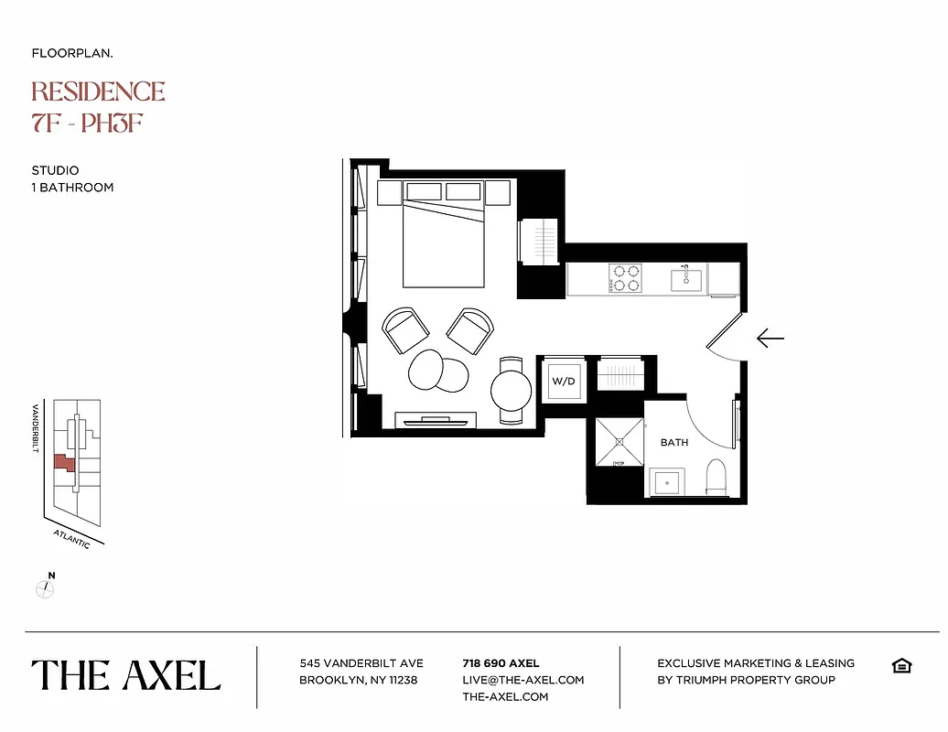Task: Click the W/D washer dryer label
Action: [563, 382]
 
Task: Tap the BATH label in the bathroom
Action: [674, 443]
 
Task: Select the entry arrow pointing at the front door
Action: [770, 339]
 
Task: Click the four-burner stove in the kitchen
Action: [625, 277]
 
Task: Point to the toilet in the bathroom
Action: [716, 477]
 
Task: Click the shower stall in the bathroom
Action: [619, 441]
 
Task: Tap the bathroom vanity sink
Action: [665, 482]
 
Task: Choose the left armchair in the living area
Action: [404, 330]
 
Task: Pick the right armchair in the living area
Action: [469, 329]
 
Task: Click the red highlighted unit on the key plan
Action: [64, 463]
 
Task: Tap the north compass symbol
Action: [46, 587]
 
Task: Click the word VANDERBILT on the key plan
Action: [36, 429]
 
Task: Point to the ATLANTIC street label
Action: [71, 539]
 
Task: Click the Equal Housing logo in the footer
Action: [900, 665]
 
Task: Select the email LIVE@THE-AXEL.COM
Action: [522, 680]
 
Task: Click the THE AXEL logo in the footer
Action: [126, 675]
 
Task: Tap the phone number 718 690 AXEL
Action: [501, 663]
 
